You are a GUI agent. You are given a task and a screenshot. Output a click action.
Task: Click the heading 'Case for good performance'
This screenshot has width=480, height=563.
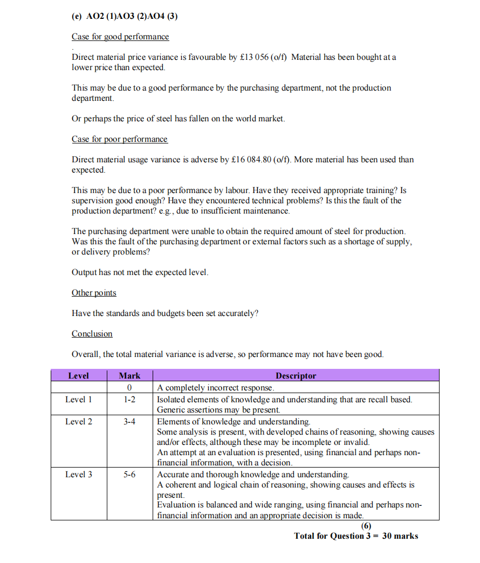tap(120, 37)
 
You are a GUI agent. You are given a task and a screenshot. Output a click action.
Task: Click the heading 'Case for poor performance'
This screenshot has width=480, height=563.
tap(120, 139)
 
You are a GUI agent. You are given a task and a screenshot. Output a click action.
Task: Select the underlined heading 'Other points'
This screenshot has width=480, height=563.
tap(94, 293)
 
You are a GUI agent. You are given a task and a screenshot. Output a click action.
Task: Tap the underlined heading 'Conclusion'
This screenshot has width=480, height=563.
tap(92, 334)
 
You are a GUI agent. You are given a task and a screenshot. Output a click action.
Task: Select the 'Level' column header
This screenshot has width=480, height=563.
tap(78, 375)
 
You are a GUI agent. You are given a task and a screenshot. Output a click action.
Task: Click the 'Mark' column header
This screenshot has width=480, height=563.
tap(129, 375)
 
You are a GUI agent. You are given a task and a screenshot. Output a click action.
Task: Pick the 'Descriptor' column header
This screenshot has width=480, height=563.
tap(296, 375)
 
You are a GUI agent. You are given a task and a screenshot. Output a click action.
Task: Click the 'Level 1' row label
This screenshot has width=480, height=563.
tap(79, 400)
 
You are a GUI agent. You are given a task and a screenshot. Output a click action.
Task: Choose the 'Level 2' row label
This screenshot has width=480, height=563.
tap(79, 422)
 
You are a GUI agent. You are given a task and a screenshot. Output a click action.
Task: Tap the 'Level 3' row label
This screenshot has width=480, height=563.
tap(79, 475)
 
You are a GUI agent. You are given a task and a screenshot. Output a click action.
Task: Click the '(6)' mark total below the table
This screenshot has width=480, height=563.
tap(366, 526)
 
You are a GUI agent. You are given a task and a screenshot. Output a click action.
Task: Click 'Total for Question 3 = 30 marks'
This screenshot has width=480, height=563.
tap(356, 536)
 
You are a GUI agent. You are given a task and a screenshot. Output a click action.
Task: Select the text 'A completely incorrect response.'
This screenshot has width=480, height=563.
tap(216, 388)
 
